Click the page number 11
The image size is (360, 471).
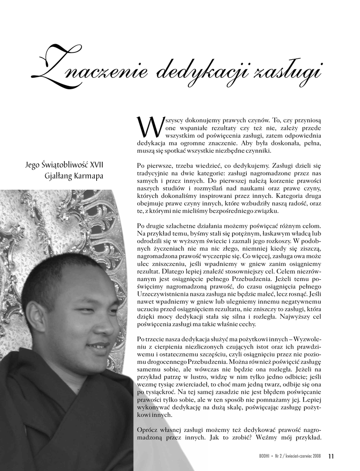pyautogui.click(x=331, y=456)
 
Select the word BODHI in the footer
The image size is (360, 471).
pyautogui.click(x=265, y=456)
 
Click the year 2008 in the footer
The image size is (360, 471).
pyautogui.click(x=316, y=456)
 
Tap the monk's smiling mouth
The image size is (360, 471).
pyautogui.click(x=99, y=345)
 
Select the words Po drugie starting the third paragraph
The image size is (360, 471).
pyautogui.click(x=151, y=226)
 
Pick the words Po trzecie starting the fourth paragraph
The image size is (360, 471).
pyautogui.click(x=151, y=339)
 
